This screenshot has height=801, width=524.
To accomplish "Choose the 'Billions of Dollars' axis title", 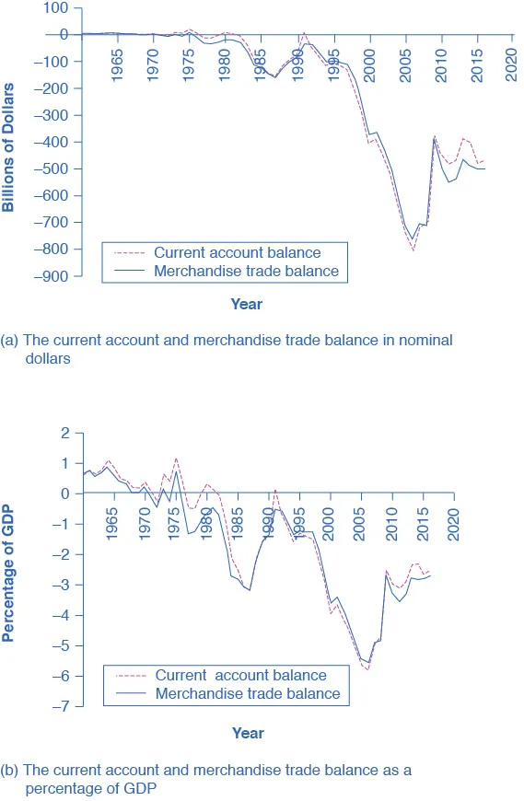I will pyautogui.click(x=9, y=146).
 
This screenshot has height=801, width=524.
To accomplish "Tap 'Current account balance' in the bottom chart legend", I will pyautogui.click(x=240, y=676).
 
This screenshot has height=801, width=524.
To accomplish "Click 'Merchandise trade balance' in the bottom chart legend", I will pyautogui.click(x=247, y=693).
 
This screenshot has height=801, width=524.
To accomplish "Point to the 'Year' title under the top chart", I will pyautogui.click(x=247, y=304).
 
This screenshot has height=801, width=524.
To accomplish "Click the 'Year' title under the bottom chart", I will pyautogui.click(x=248, y=733).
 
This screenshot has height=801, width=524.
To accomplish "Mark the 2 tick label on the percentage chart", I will pyautogui.click(x=64, y=433).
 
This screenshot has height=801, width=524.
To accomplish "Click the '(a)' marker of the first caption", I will pyautogui.click(x=10, y=340).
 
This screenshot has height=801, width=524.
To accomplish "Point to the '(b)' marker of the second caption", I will pyautogui.click(x=10, y=771).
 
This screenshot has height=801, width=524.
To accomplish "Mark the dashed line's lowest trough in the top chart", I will pyautogui.click(x=413, y=250).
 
